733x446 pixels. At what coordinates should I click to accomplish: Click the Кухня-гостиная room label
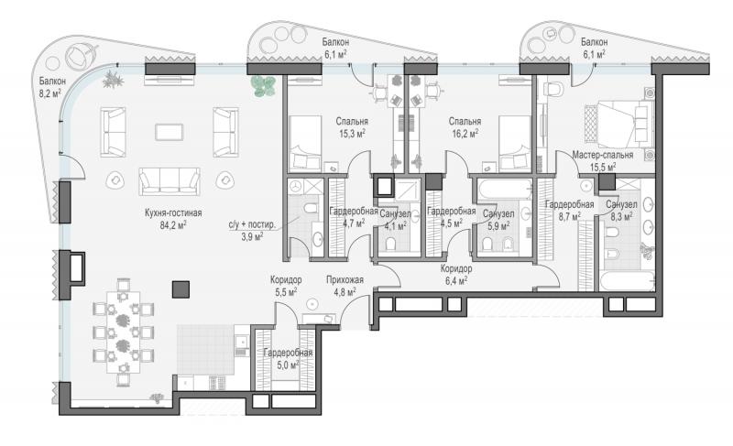[x=173, y=213]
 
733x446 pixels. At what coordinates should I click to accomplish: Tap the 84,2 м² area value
[x=173, y=225]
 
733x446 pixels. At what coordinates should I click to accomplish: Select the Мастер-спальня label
[x=603, y=155]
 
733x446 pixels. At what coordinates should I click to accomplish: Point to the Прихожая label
[x=345, y=280]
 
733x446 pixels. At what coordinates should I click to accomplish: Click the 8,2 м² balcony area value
[x=50, y=92]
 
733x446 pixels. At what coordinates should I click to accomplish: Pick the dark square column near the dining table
[x=181, y=289]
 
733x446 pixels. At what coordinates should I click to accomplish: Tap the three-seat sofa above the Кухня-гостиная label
[x=170, y=181]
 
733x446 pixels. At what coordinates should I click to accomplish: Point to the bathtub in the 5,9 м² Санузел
[x=505, y=190]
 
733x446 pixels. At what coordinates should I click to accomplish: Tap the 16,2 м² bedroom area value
[x=465, y=134]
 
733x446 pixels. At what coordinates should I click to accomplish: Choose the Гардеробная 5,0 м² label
[x=288, y=359]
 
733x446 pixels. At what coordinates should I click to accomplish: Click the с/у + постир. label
[x=252, y=224]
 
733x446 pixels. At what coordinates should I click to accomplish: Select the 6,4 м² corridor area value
[x=455, y=280]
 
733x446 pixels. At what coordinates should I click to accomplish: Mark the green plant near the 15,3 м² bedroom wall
[x=263, y=86]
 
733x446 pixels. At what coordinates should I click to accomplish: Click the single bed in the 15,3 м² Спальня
[x=305, y=143]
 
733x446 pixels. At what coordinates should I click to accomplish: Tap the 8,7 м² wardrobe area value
[x=569, y=216]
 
